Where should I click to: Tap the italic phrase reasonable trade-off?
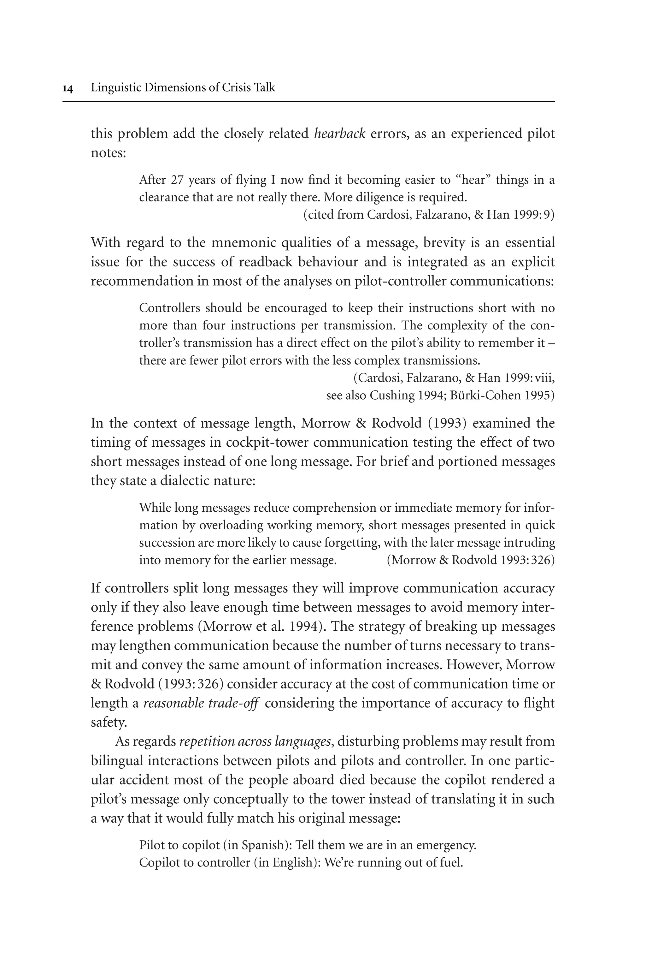click(x=201, y=703)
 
